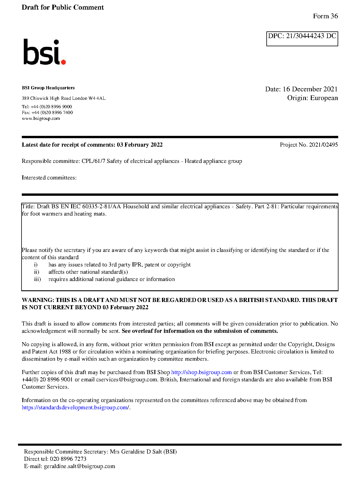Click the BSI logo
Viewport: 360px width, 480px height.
click(x=44, y=52)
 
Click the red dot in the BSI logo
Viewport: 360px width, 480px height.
click(x=63, y=62)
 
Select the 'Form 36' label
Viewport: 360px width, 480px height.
click(x=325, y=16)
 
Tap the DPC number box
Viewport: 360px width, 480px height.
click(x=302, y=38)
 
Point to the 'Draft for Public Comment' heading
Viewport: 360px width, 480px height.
click(x=63, y=8)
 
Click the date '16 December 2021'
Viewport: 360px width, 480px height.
click(x=310, y=89)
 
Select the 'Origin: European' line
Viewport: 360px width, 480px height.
click(x=312, y=98)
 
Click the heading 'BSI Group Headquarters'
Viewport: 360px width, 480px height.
click(x=48, y=88)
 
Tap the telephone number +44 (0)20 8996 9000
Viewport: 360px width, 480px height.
click(x=51, y=107)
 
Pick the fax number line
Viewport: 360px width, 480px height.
click(x=47, y=113)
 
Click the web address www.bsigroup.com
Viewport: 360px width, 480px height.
click(x=41, y=118)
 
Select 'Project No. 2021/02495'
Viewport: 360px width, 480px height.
click(x=309, y=145)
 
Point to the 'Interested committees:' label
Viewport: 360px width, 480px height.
click(x=49, y=178)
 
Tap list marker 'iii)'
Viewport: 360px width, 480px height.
click(x=37, y=279)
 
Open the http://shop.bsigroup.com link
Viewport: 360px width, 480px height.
click(x=201, y=372)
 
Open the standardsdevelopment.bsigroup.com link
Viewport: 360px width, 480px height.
click(x=75, y=408)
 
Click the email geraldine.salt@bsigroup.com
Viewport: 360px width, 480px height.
click(x=79, y=466)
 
